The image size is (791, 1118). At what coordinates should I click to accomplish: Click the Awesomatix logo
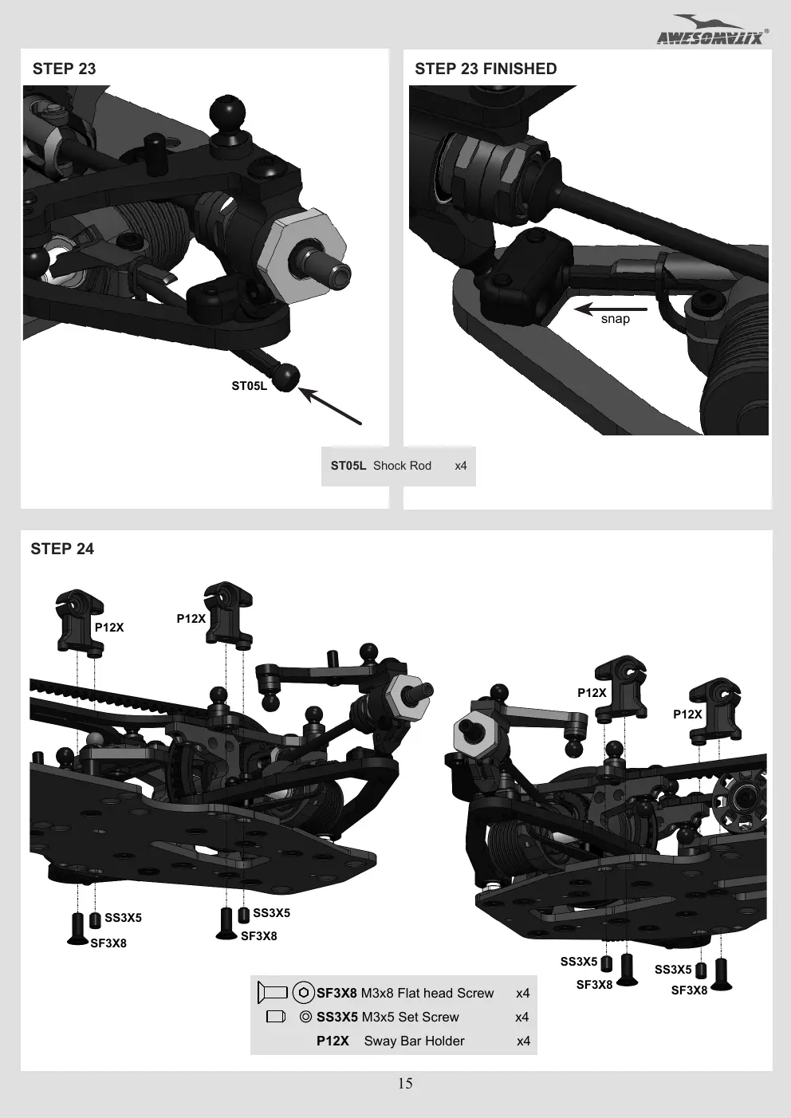coord(712,31)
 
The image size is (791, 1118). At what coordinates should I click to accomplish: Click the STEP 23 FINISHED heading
coord(486,69)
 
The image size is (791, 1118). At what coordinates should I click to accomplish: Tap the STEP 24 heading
coord(62,549)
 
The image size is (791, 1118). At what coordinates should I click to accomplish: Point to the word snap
coord(616,319)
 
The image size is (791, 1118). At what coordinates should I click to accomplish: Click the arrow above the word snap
coord(610,309)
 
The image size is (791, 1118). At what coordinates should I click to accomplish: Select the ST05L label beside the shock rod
coord(249,386)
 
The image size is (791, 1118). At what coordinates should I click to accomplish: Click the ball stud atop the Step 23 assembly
coord(227,116)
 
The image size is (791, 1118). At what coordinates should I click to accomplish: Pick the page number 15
coord(405,1084)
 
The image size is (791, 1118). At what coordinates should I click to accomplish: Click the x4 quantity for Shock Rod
coord(461,466)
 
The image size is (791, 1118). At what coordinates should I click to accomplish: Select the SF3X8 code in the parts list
coord(336,994)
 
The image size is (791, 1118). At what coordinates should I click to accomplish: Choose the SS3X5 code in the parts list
coord(336,1018)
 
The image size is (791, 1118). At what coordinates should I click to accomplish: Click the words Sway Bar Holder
coord(414,1041)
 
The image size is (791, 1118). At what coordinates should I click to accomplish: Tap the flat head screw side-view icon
coord(273,992)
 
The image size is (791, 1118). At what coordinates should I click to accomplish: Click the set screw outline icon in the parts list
coord(276,1017)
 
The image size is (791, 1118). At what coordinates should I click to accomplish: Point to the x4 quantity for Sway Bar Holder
coord(524,1041)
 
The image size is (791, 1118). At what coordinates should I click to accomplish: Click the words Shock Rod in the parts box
coord(402,466)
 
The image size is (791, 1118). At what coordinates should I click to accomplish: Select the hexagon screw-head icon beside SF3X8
coord(304,993)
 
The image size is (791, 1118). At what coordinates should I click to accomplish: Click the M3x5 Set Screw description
coord(410,1018)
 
